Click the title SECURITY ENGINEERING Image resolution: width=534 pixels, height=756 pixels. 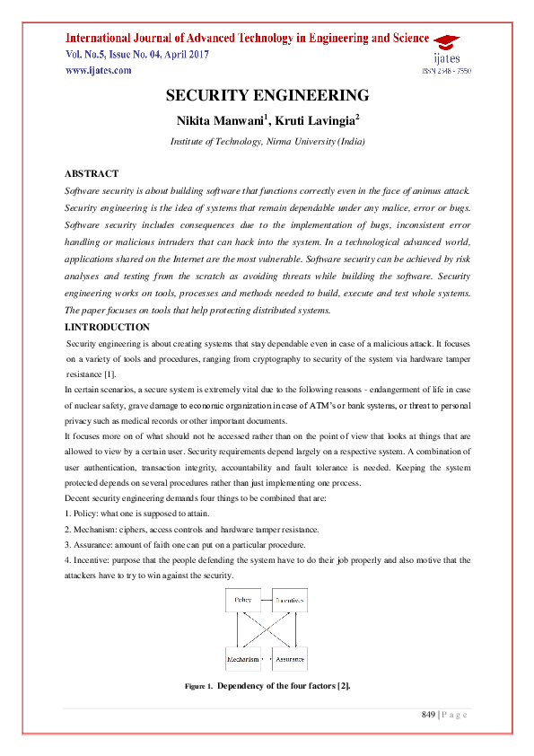[x=267, y=96]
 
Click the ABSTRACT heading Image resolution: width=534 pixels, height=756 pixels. [x=92, y=173]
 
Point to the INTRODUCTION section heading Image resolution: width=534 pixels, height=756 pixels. [x=108, y=327]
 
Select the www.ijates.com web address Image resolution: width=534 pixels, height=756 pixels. [x=98, y=70]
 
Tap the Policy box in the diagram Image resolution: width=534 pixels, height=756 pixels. [x=242, y=600]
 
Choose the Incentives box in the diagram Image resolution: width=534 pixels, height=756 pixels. [x=290, y=600]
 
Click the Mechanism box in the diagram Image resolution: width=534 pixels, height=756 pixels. [x=242, y=659]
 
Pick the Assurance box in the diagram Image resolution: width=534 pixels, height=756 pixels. [x=290, y=659]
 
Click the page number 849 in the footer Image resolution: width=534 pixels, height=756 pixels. [x=429, y=715]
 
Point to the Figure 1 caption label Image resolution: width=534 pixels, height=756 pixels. [x=198, y=686]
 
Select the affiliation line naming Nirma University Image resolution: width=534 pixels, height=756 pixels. [x=267, y=142]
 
